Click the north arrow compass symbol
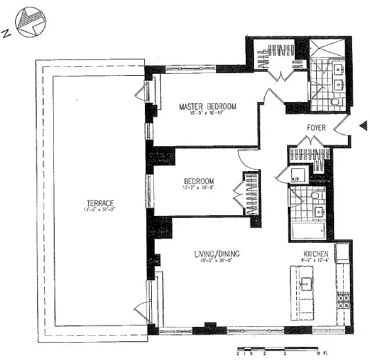(x=28, y=22)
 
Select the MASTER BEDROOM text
(x=208, y=106)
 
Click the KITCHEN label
(x=315, y=254)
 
